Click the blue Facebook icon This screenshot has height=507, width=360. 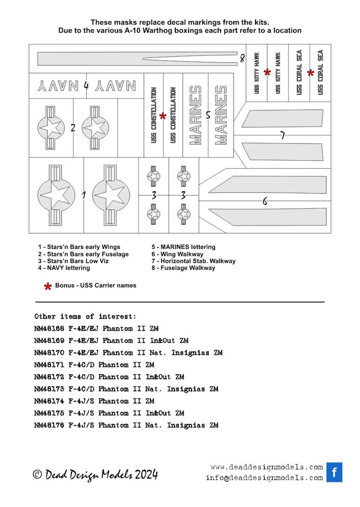[334, 473]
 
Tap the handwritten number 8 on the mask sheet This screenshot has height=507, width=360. [242, 58]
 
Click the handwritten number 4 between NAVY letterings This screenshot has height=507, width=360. [86, 86]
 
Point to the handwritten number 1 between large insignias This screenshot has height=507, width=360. [84, 195]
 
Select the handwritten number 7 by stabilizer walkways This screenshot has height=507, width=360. [283, 135]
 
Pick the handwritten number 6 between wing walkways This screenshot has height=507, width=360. [265, 201]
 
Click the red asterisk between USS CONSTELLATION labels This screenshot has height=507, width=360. [163, 116]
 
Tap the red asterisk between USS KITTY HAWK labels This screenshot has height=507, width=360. [267, 72]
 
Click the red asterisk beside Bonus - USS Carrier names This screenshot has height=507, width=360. [48, 286]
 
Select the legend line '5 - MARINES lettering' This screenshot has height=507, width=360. [184, 247]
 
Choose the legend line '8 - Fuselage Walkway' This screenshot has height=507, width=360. [183, 268]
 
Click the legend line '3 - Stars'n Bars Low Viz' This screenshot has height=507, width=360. [73, 261]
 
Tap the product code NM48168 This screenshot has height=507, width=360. [49, 329]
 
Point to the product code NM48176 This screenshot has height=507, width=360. [49, 425]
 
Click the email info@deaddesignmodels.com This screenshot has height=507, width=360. [265, 478]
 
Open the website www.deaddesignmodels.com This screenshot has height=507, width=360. [267, 467]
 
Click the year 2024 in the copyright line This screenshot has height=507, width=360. [147, 475]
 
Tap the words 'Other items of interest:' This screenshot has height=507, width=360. [85, 316]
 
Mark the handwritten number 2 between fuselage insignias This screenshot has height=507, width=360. [73, 128]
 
